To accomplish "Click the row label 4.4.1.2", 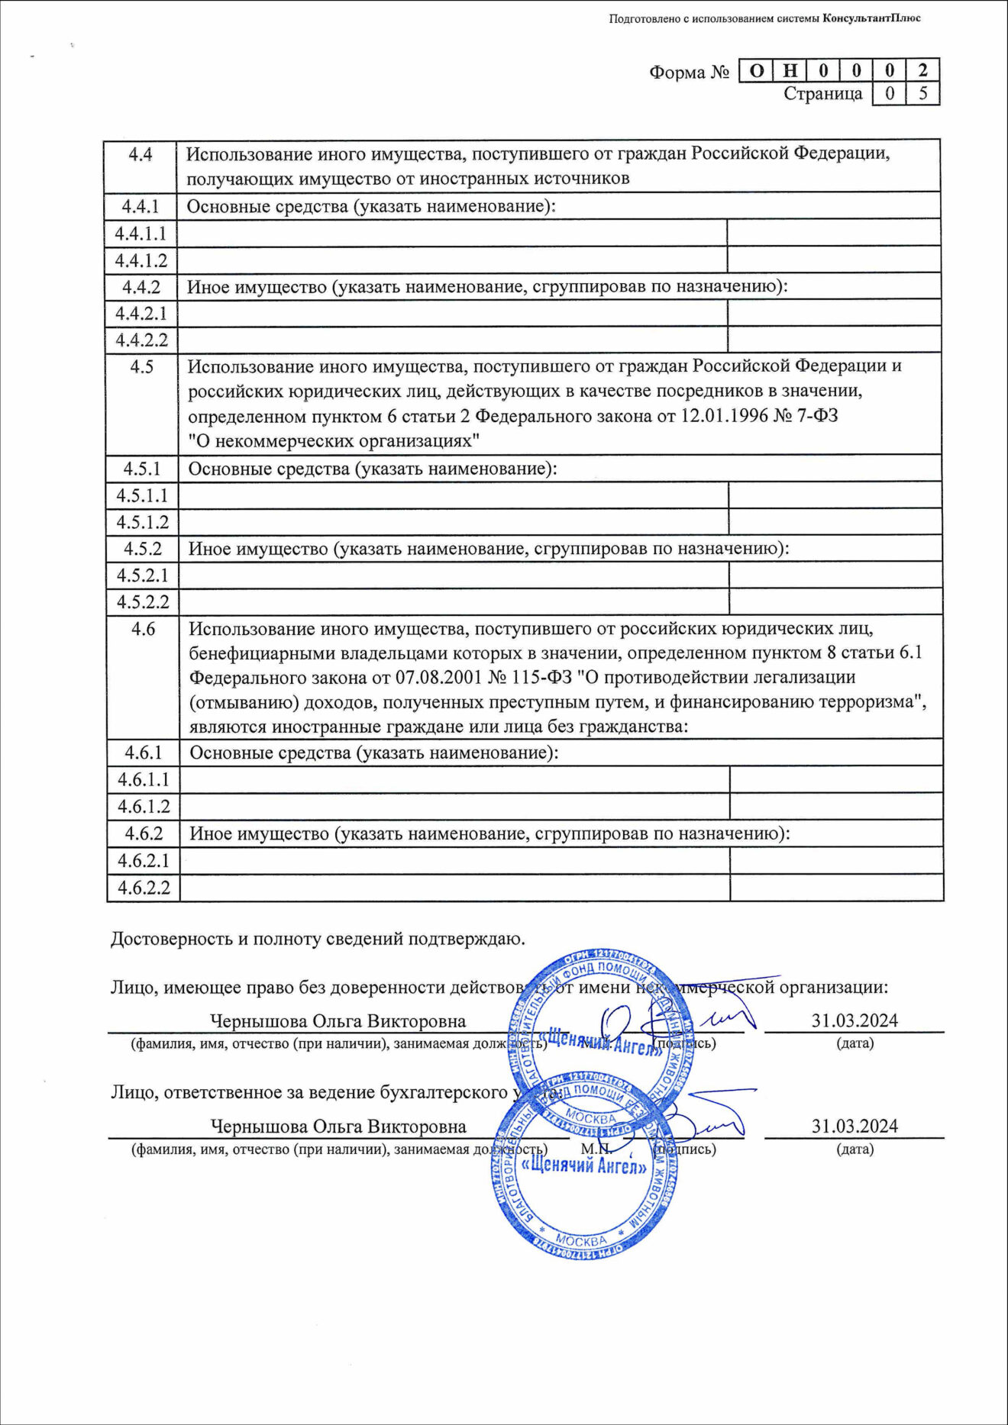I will click(x=141, y=260).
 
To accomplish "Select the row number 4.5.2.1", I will click(x=142, y=575).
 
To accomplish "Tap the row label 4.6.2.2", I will click(x=144, y=888).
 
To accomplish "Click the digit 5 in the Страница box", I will click(x=923, y=94).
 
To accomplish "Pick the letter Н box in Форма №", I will click(x=790, y=71).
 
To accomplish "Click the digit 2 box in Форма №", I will click(x=923, y=71).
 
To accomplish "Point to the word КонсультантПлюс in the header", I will click(x=871, y=18).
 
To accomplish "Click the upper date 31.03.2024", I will click(x=854, y=1020).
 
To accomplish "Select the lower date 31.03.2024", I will click(x=854, y=1126).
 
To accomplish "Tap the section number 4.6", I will click(x=143, y=629).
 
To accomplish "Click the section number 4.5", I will click(x=141, y=366).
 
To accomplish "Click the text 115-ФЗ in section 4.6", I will click(x=544, y=677).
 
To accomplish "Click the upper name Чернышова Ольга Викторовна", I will click(x=338, y=1021).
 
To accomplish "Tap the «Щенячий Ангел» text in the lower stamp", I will click(x=584, y=1165).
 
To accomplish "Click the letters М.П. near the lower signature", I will click(x=595, y=1149).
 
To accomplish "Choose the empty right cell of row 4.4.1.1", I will click(x=833, y=234).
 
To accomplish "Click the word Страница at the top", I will click(x=822, y=94).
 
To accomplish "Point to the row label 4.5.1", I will click(x=142, y=468).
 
